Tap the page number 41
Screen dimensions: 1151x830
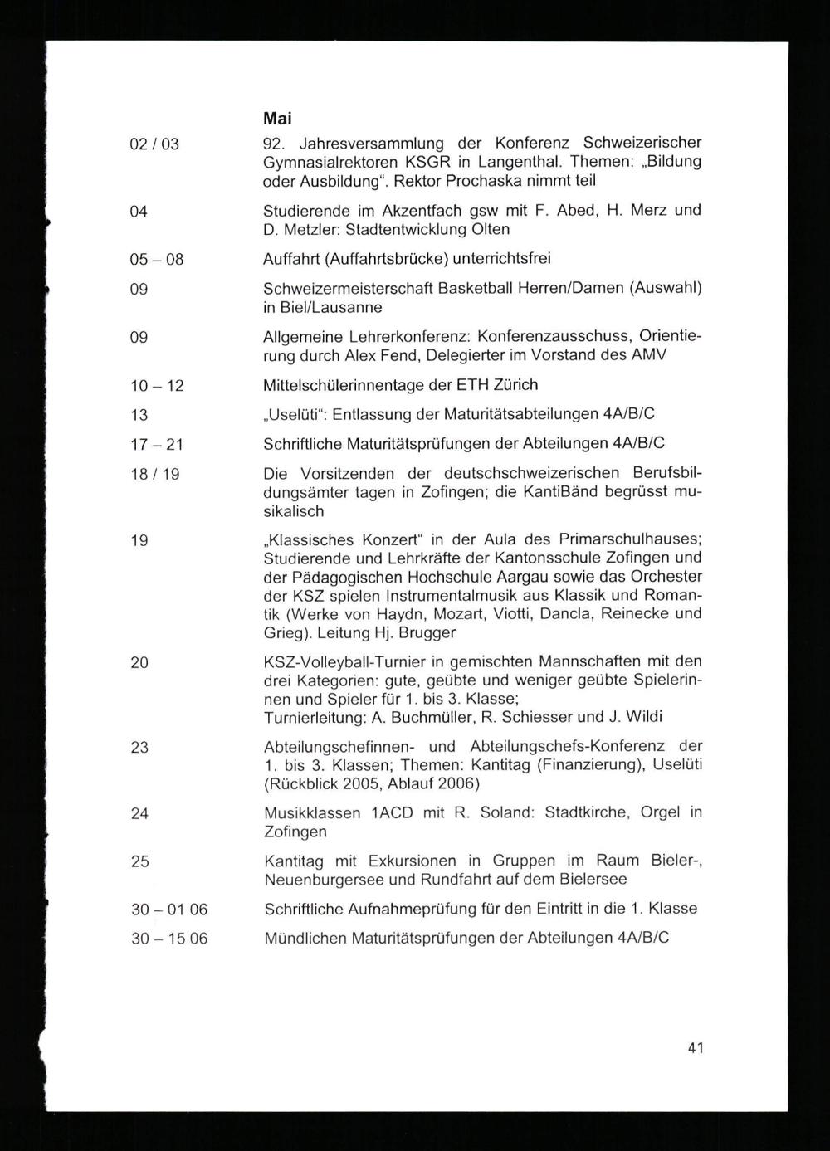pos(696,1047)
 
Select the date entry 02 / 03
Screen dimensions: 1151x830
pos(154,144)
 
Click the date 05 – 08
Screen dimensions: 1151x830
pos(157,260)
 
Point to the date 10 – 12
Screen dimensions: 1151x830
pos(157,386)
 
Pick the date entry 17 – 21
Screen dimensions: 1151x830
pos(157,445)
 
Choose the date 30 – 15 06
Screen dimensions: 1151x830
pos(169,939)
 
